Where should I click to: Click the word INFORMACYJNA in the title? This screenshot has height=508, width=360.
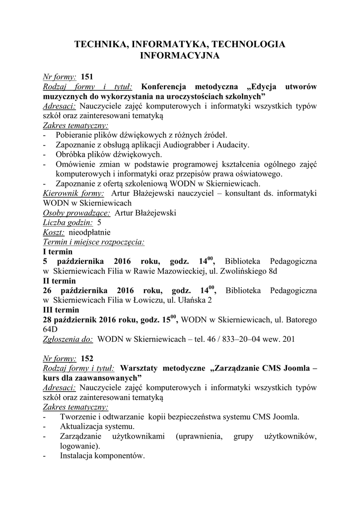(x=180, y=56)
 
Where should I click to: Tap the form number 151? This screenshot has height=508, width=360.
(x=87, y=77)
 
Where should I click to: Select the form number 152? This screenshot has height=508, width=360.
(x=87, y=358)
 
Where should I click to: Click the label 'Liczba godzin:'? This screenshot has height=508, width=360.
(x=68, y=223)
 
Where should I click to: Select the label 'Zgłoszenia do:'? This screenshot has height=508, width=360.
(x=68, y=339)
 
